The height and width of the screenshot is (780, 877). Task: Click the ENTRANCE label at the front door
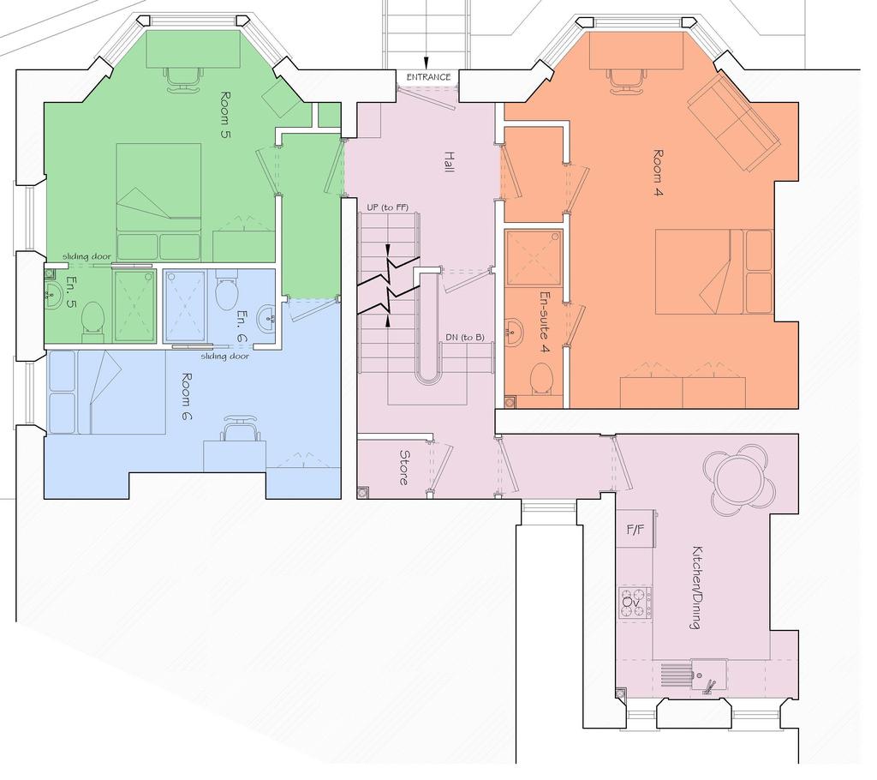(x=428, y=77)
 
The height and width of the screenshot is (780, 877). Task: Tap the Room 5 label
(x=226, y=115)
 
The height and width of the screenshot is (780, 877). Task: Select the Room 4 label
(x=659, y=174)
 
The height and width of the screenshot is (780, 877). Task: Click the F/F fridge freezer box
(x=636, y=529)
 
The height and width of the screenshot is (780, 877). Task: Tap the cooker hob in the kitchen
(x=636, y=603)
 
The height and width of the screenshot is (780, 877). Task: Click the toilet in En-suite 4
(x=541, y=379)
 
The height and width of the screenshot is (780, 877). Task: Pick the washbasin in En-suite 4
(x=515, y=332)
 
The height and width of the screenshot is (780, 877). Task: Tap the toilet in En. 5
(x=92, y=321)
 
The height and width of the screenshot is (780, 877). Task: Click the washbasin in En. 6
(x=266, y=319)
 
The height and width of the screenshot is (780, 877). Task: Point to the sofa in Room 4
(x=734, y=122)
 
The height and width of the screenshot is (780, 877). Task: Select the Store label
(x=404, y=467)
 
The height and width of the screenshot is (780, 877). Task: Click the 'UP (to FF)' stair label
(x=388, y=207)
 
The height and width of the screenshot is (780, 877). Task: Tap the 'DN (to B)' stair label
(x=465, y=338)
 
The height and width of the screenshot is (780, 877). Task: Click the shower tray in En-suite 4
(x=534, y=258)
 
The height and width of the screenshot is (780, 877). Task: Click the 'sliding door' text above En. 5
(x=87, y=256)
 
